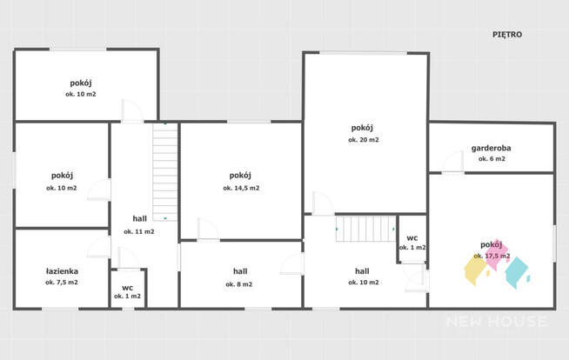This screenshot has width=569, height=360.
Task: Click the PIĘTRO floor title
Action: [x=507, y=35]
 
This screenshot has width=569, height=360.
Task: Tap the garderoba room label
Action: [x=491, y=148]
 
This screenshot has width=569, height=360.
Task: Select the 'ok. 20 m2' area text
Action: [x=364, y=140]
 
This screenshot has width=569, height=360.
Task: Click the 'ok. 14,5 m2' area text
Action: [x=241, y=188]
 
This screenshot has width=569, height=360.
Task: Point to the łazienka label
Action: [x=62, y=271]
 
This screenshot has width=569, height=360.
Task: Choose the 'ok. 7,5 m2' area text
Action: [x=62, y=282]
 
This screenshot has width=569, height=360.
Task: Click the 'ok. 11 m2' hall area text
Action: [x=139, y=231]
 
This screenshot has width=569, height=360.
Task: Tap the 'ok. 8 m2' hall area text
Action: [x=238, y=284]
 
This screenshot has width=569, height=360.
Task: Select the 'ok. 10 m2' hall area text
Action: [x=364, y=282]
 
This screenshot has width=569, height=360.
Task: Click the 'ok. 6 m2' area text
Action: [x=492, y=158]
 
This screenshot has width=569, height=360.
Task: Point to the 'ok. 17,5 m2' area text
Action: [x=492, y=256]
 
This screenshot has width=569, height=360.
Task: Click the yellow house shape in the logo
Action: [x=476, y=270]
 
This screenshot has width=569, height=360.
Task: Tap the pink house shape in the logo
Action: [x=497, y=255]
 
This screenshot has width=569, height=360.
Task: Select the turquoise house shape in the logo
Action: [x=517, y=272]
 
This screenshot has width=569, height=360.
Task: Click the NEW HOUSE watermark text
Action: [x=497, y=321]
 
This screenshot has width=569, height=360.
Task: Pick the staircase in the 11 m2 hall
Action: [x=164, y=171]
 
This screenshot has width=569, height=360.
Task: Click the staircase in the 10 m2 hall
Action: [x=365, y=229]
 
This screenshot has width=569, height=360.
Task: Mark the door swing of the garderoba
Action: [x=453, y=162]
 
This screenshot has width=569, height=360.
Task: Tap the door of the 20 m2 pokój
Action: [x=324, y=203]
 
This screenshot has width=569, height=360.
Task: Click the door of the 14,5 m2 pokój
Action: [x=208, y=229]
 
